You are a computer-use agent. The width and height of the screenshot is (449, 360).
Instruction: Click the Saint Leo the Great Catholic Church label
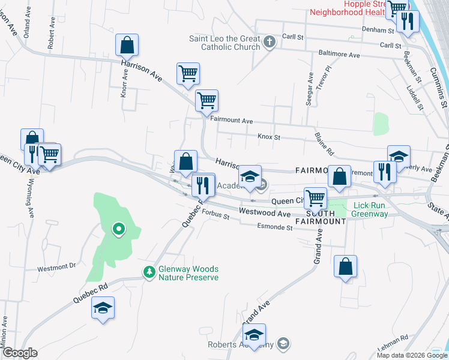point(224,43)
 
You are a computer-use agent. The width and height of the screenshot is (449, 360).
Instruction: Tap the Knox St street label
point(269,137)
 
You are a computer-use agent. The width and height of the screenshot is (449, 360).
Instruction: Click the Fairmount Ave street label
point(231,121)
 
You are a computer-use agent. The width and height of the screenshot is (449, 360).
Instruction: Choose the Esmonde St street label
point(274,227)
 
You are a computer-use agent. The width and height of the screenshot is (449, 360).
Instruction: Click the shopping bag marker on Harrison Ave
point(127,44)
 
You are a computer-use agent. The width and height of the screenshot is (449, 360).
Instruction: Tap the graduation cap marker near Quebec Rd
point(103,308)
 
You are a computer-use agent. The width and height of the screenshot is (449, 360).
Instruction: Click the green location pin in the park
point(119,228)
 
